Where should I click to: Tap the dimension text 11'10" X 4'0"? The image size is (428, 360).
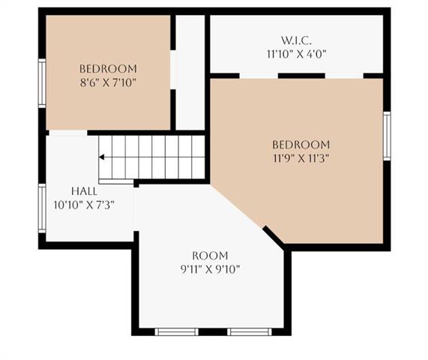(x=297, y=54)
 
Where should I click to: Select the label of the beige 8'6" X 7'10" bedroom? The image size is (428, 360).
(x=108, y=68)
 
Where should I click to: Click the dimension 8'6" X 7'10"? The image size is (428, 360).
(x=108, y=82)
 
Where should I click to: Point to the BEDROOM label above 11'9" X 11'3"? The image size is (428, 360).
(x=301, y=145)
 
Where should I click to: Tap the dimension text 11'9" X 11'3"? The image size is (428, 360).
(x=301, y=158)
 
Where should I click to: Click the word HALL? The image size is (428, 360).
(x=84, y=190)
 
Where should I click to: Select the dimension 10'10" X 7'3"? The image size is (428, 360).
(x=84, y=204)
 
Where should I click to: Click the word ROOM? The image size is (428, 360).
(x=210, y=255)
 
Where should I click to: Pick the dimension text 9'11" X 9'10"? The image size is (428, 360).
(x=210, y=268)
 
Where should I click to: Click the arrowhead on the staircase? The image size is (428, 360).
(x=102, y=157)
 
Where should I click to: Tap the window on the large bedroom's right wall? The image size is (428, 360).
(x=387, y=136)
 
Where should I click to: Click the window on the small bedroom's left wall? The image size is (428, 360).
(x=42, y=83)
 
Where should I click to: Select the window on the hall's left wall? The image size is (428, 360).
(x=42, y=208)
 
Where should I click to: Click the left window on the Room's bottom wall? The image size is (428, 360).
(x=176, y=331)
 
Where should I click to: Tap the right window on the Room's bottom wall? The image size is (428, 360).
(x=249, y=331)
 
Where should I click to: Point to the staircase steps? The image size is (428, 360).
(x=154, y=157)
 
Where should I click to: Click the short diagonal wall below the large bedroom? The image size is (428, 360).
(x=274, y=237)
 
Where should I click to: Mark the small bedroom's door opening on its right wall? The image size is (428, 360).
(x=173, y=70)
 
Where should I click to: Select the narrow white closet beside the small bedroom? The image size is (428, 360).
(x=190, y=71)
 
